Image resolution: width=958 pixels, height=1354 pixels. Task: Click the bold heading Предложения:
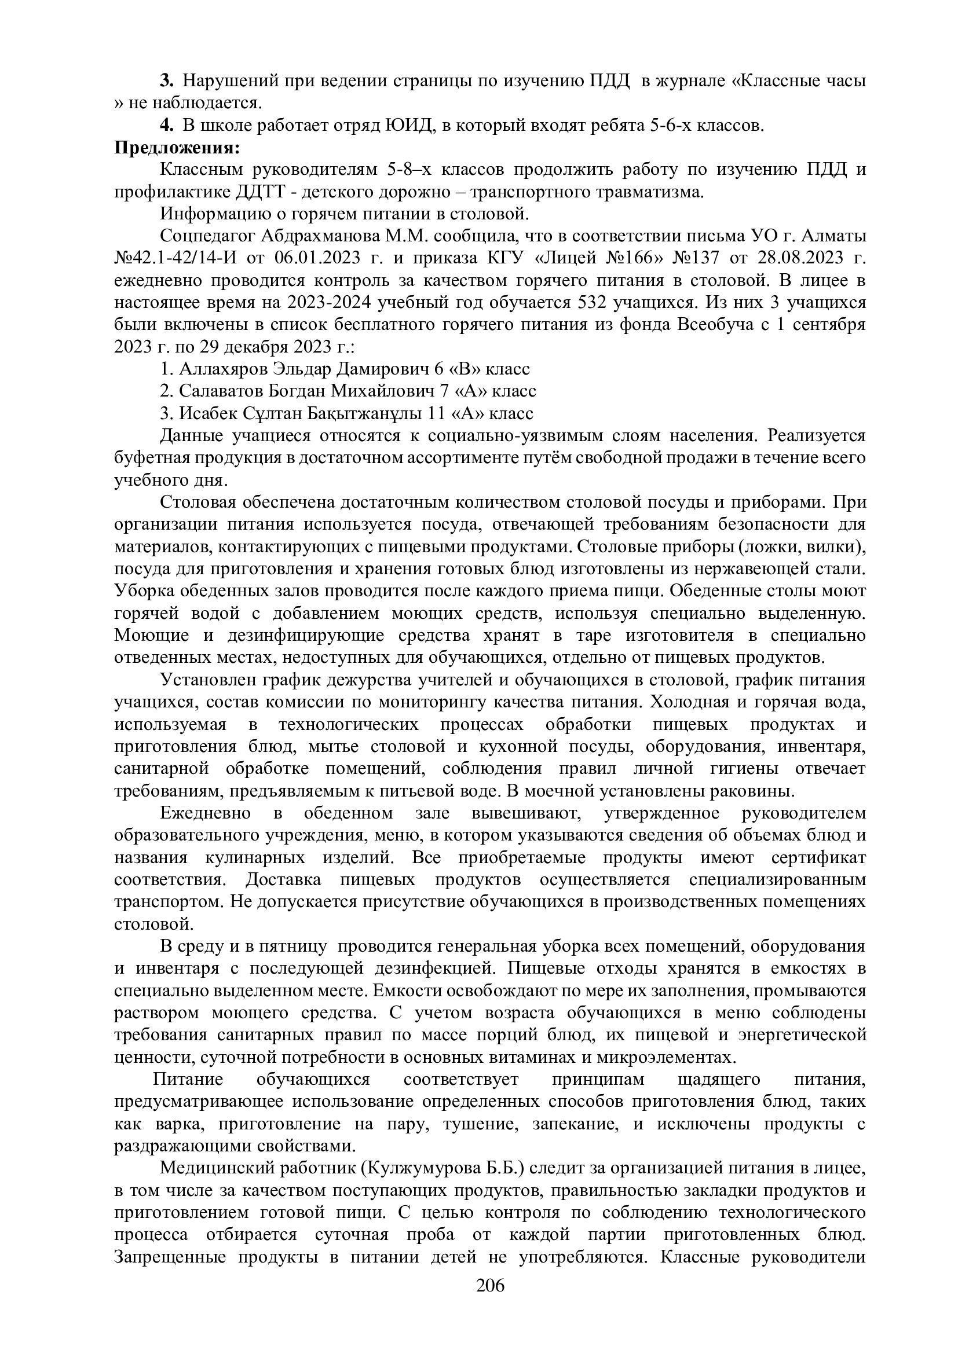point(177,148)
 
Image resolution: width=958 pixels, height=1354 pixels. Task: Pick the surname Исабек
point(208,413)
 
